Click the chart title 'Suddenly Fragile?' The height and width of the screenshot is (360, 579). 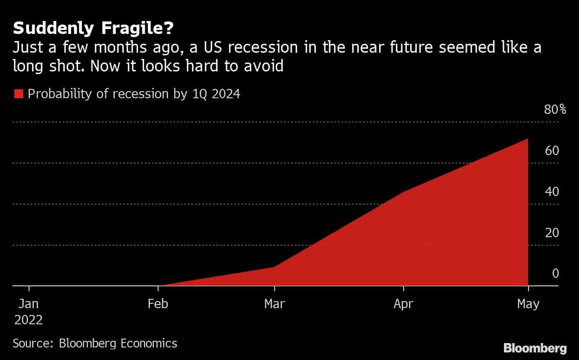tap(93, 29)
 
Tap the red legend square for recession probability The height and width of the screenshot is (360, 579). tap(18, 94)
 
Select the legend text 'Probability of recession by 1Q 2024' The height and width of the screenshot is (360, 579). tap(134, 94)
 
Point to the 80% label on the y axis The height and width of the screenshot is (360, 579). tap(555, 109)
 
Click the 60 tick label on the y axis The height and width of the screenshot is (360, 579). tap(552, 151)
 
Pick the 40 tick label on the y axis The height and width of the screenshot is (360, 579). tap(552, 192)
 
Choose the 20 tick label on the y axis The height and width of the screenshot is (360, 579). tap(552, 233)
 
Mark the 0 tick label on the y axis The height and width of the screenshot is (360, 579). tap(555, 273)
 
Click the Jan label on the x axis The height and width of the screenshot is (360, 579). tap(29, 304)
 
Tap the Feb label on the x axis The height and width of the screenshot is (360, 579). tap(158, 304)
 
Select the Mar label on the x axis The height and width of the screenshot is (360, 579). tap(274, 304)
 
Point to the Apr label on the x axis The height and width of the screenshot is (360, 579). tap(403, 304)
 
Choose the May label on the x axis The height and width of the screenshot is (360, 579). tap(528, 304)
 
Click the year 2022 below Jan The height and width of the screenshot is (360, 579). tap(29, 320)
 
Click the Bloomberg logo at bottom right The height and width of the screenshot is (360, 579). tap(535, 348)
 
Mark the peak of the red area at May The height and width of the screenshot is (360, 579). tap(528, 139)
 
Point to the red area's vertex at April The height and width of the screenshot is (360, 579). tap(403, 192)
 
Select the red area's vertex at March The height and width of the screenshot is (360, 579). tap(274, 267)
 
